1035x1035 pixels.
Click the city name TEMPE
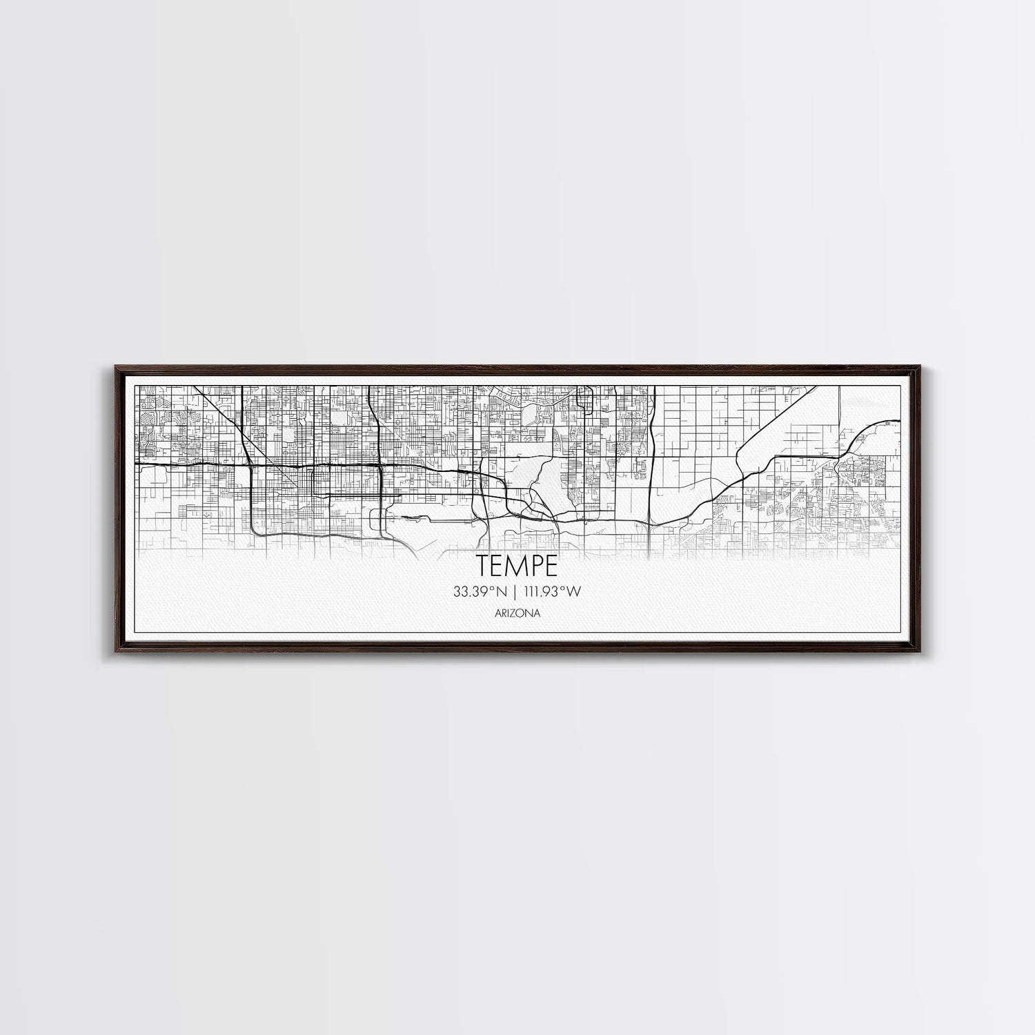coord(517,566)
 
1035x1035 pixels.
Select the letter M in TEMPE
coord(517,566)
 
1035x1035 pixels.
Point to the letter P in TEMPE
coord(536,566)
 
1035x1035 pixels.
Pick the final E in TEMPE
coord(551,566)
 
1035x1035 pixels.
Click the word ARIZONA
coord(517,612)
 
